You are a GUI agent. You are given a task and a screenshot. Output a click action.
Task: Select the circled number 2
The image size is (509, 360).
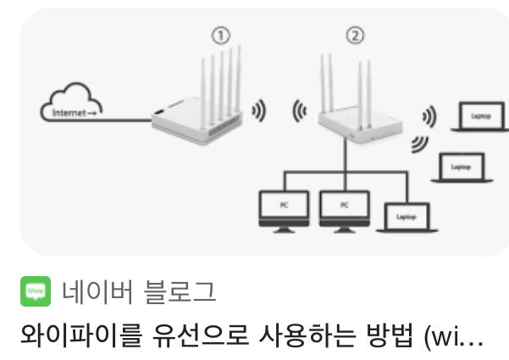356,36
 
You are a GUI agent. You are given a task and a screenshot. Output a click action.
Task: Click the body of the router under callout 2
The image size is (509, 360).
348,125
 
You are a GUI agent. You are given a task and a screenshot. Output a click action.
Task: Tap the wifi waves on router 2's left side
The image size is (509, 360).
297,110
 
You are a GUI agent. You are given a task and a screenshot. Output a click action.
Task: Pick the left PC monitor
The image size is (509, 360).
284,207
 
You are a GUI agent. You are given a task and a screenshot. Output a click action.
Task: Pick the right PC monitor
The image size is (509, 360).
345,207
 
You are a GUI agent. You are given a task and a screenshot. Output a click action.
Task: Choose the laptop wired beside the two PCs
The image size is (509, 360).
406,218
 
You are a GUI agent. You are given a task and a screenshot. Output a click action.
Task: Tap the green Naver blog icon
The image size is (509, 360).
35,292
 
